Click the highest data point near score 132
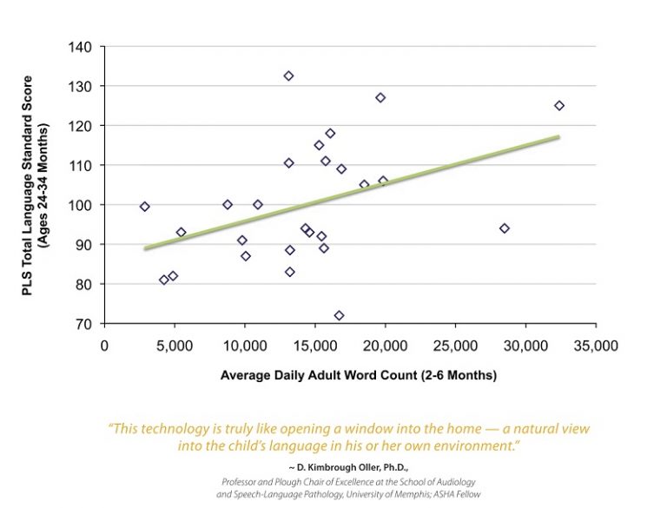click(x=288, y=76)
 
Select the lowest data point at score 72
click(x=339, y=315)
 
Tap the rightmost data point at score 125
click(x=559, y=105)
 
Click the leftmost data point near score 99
click(x=145, y=207)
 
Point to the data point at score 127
click(x=380, y=97)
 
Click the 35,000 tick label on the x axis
click(x=596, y=345)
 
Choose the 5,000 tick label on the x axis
click(x=175, y=345)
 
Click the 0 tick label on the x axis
click(x=105, y=345)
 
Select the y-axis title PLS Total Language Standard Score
click(x=36, y=185)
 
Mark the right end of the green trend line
click(x=558, y=136)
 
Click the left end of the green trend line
click(x=146, y=248)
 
